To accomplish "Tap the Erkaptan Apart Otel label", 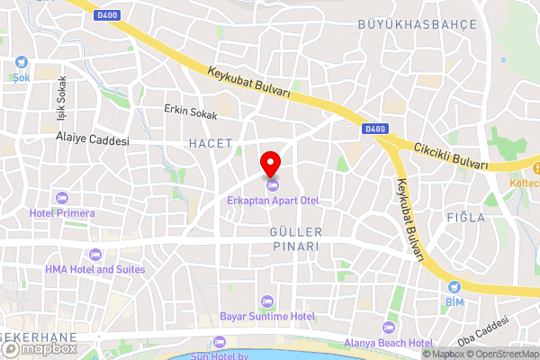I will click(x=274, y=200).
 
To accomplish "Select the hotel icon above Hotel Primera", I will click(x=61, y=197).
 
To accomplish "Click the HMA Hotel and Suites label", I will click(x=95, y=269).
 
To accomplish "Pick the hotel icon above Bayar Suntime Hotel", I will click(x=266, y=301).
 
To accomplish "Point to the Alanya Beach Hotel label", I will click(x=389, y=342).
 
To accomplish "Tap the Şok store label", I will click(x=21, y=77).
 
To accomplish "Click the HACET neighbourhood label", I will click(x=211, y=143).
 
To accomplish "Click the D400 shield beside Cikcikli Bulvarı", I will click(x=376, y=130).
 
